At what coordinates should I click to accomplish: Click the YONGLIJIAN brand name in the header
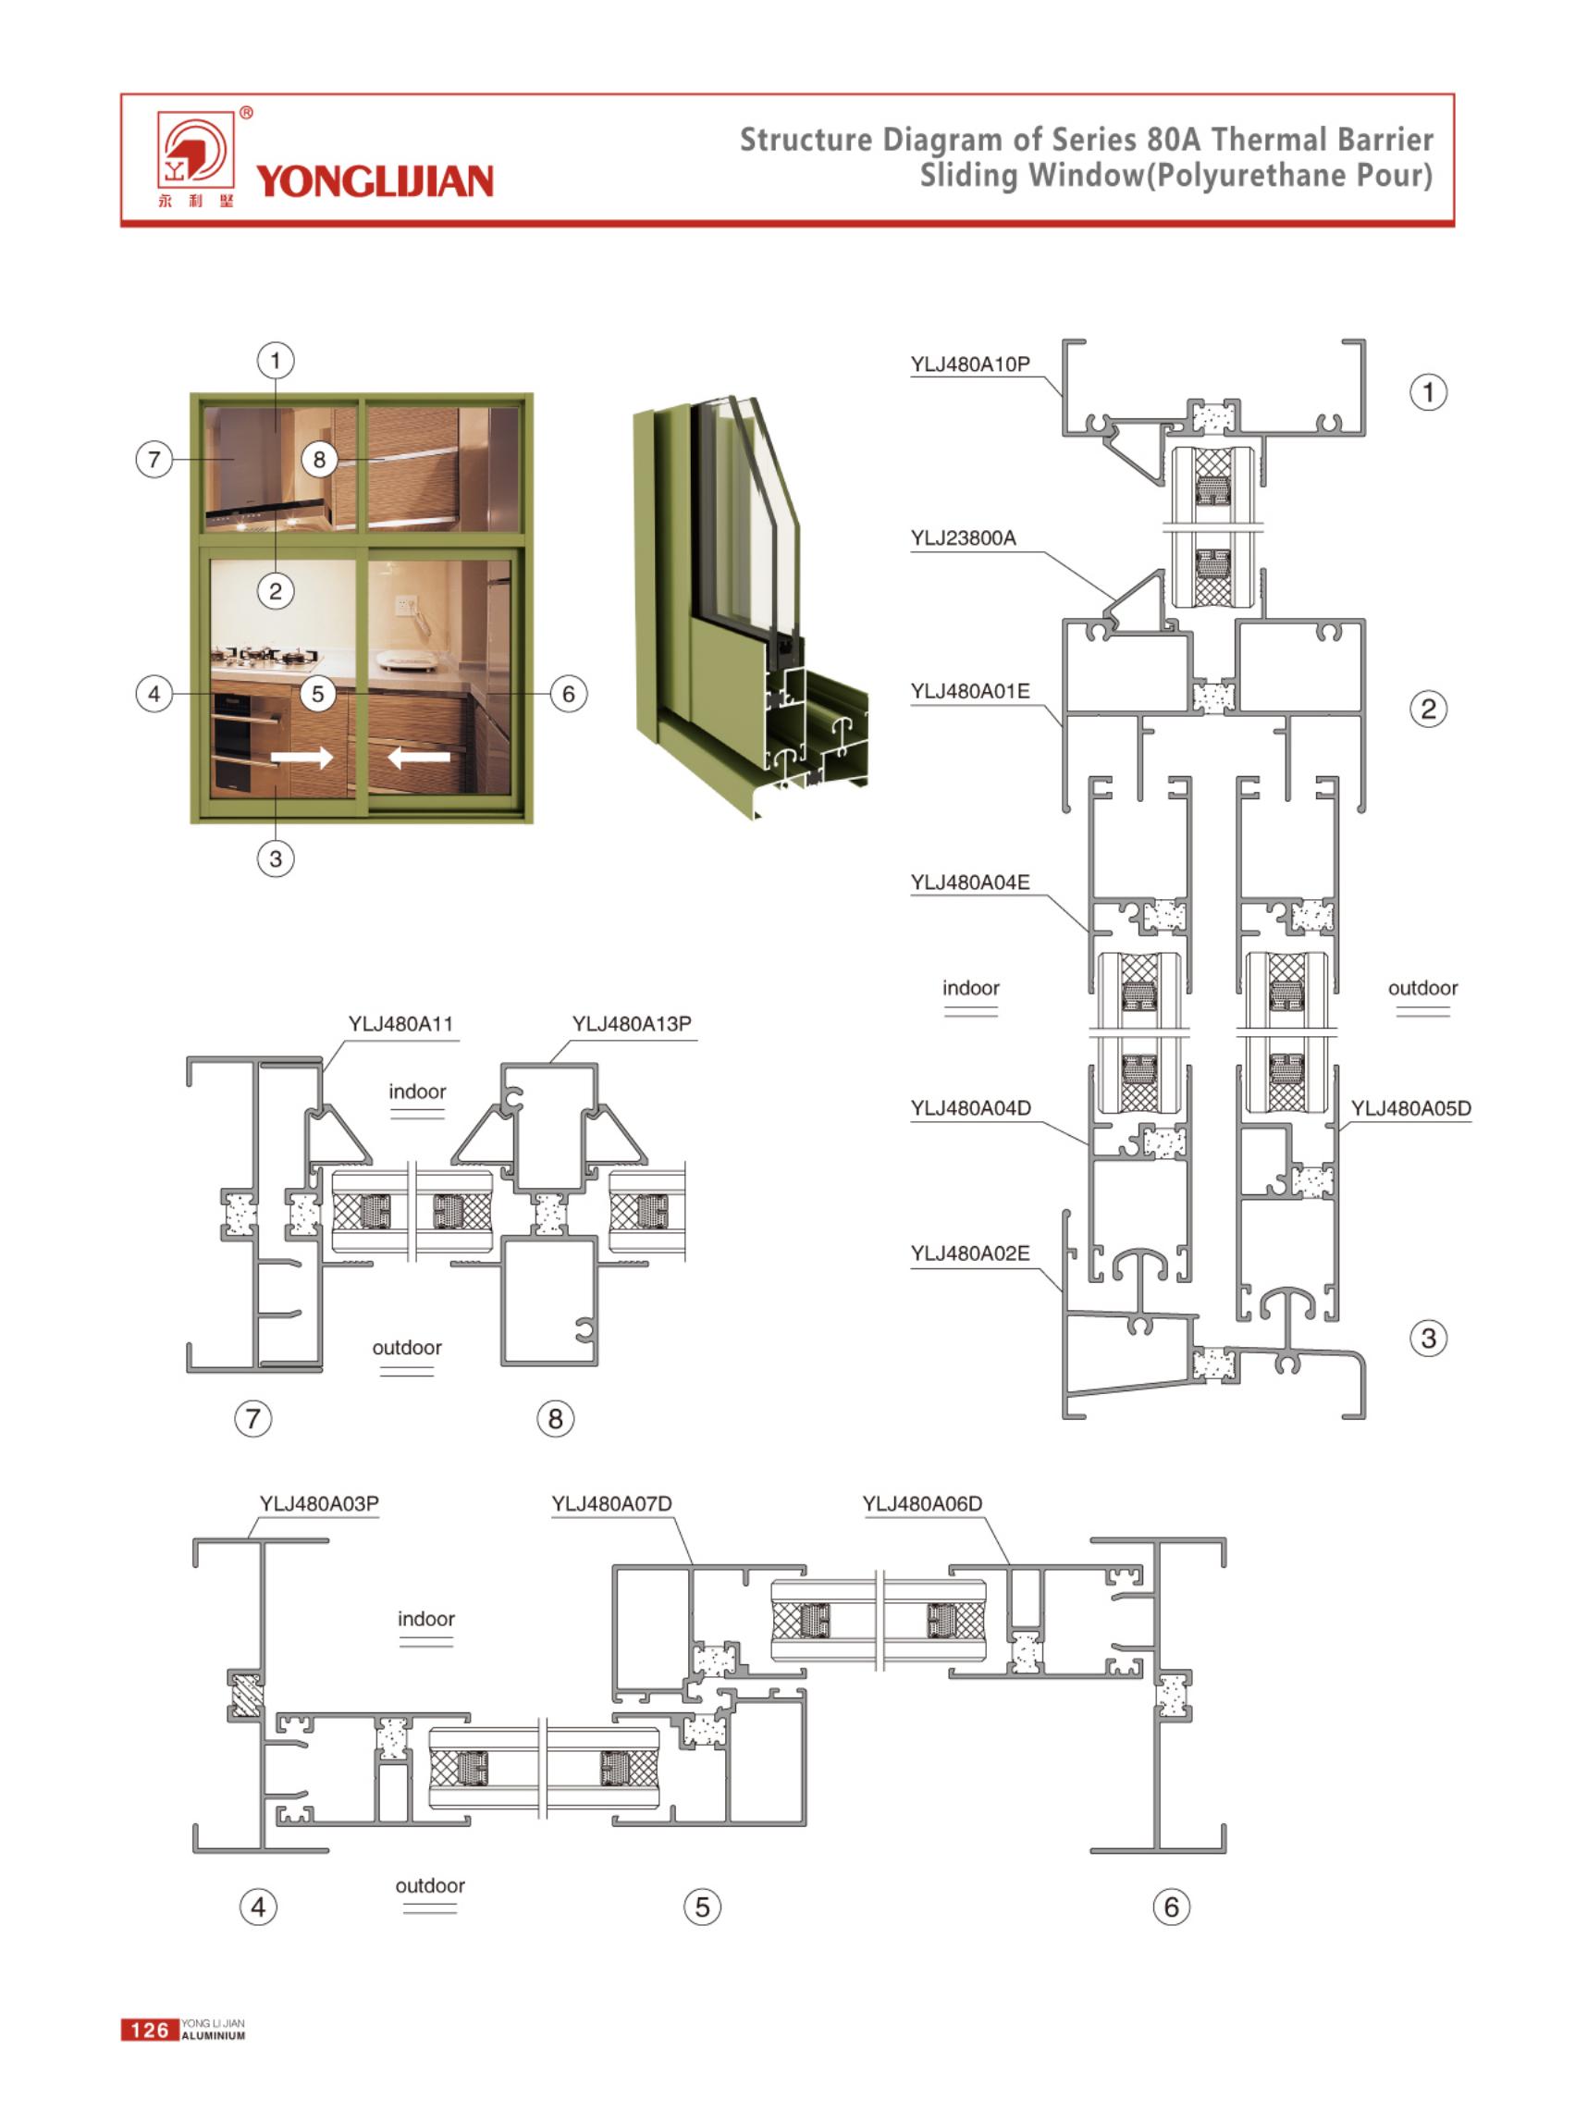coord(374,181)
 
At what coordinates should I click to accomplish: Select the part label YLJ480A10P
coord(969,364)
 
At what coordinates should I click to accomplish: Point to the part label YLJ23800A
coord(963,537)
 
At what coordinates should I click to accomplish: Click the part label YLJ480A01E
coord(969,691)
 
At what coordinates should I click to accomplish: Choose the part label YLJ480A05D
coord(1410,1108)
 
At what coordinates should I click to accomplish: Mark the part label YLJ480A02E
coord(969,1253)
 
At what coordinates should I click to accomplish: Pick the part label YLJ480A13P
coord(631,1024)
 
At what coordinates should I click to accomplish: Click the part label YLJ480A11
coord(400,1024)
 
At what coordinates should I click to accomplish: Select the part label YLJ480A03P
coord(318,1503)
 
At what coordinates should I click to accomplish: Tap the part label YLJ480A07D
coord(611,1503)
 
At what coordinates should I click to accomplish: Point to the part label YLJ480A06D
coord(922,1503)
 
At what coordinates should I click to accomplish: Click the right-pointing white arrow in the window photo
coord(302,759)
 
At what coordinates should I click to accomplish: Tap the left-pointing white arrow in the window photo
coord(419,759)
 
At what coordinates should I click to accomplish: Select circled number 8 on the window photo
coord(319,460)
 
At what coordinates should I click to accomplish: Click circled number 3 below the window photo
coord(276,858)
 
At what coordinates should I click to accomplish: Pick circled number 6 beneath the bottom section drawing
coord(1172,1907)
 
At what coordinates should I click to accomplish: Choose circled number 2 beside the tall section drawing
coord(1427,709)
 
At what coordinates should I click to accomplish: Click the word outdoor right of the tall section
coord(1422,988)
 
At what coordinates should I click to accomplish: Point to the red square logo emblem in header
coord(195,150)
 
